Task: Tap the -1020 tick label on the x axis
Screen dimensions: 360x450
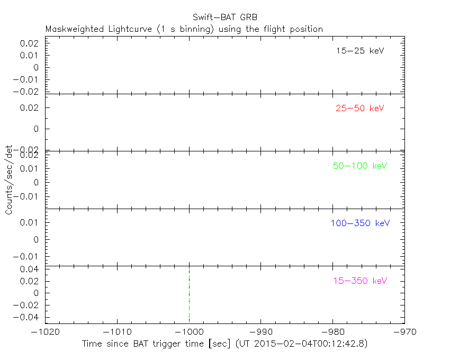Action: [45, 332]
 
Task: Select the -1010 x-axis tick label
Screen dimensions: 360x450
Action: [117, 332]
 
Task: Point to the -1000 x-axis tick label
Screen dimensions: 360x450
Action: [189, 332]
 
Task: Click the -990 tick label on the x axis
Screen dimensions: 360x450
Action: [261, 332]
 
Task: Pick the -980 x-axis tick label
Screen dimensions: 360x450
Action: [333, 332]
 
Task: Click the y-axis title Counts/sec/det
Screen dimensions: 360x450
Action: [8, 180]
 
